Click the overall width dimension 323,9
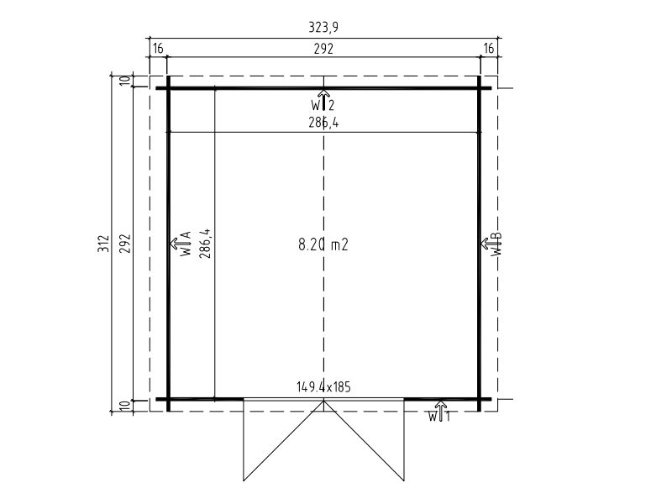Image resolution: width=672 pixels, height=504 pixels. (323, 28)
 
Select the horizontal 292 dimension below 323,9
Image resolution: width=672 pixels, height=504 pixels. (323, 49)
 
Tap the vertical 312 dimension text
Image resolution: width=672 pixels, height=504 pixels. (103, 244)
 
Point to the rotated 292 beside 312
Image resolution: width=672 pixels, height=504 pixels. (124, 244)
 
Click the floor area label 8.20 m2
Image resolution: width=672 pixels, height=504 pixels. (323, 244)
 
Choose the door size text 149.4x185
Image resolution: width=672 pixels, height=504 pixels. (323, 387)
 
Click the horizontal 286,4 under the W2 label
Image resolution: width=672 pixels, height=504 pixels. (323, 123)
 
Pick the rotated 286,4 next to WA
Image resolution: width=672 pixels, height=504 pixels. (206, 244)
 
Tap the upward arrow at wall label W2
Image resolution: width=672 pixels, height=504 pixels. (323, 99)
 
